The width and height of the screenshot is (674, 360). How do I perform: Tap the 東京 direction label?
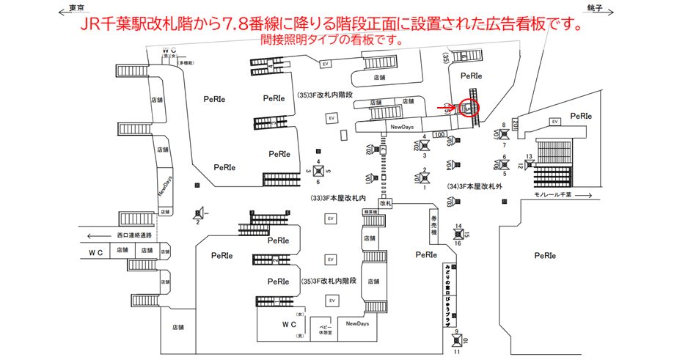(72, 7)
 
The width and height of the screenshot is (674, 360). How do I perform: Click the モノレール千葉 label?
(553, 195)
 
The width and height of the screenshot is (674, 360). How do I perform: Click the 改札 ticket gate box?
(386, 202)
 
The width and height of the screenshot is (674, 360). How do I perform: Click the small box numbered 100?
(441, 134)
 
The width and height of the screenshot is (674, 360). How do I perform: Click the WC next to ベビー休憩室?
(289, 324)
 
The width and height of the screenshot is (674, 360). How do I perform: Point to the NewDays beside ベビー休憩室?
(357, 323)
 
